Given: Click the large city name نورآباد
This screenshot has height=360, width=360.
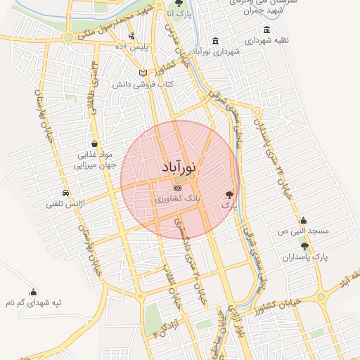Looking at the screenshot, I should tap(179, 169).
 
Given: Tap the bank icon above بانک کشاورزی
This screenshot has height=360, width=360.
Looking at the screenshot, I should tap(177, 188).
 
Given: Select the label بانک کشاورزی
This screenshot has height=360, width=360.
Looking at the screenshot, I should tap(178, 200).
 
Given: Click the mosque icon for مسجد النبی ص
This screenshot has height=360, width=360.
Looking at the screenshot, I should tap(303, 220).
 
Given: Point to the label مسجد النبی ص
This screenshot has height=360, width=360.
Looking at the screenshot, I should tap(303, 231).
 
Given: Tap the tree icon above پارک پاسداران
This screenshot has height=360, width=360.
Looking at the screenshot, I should tap(304, 245).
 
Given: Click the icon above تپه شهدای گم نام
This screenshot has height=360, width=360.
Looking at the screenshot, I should tap(33, 292).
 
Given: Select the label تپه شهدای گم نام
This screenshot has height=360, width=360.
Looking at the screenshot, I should tap(33, 302).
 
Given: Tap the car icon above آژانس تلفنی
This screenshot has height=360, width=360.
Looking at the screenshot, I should tap(65, 193).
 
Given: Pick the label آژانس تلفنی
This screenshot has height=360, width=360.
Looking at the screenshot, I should tap(65, 204).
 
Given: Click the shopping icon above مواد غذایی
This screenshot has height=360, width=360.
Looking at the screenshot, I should tap(94, 143).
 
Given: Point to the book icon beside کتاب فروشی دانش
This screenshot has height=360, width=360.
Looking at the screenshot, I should tap(143, 73).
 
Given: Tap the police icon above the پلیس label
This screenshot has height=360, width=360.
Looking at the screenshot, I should tap(131, 36).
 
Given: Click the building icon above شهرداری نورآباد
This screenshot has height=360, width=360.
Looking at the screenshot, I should tap(214, 39).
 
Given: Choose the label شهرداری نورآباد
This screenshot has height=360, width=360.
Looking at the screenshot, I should tap(214, 51).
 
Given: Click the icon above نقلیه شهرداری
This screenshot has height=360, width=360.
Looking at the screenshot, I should tap(266, 30).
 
